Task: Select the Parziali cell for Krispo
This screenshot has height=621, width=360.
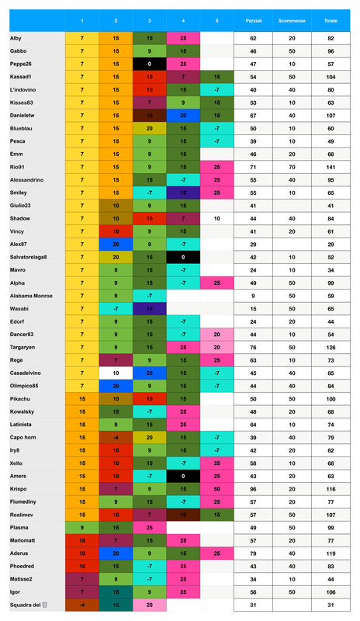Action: click(x=253, y=489)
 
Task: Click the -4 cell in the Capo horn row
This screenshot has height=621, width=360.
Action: click(x=115, y=437)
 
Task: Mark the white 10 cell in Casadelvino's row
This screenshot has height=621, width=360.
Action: click(x=115, y=372)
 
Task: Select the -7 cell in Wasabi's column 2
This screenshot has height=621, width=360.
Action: click(x=115, y=308)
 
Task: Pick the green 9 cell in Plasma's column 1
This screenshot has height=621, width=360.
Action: click(x=81, y=527)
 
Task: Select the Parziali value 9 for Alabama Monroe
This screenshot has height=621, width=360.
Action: click(x=253, y=296)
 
